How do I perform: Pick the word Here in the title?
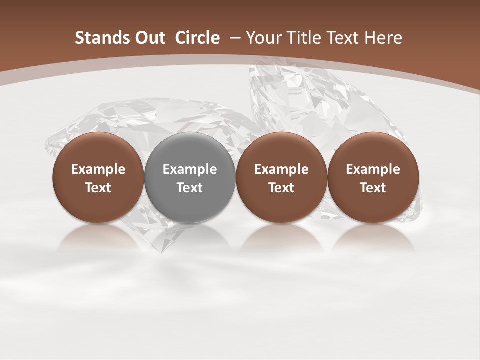[x=383, y=38]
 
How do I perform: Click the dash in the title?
[x=233, y=38]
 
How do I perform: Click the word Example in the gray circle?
[x=190, y=169]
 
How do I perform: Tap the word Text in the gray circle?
[x=190, y=188]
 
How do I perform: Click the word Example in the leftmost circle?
[x=98, y=169]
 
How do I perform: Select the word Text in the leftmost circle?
[x=98, y=188]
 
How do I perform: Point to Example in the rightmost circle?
[x=373, y=169]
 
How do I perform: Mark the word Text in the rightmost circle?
[x=373, y=188]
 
